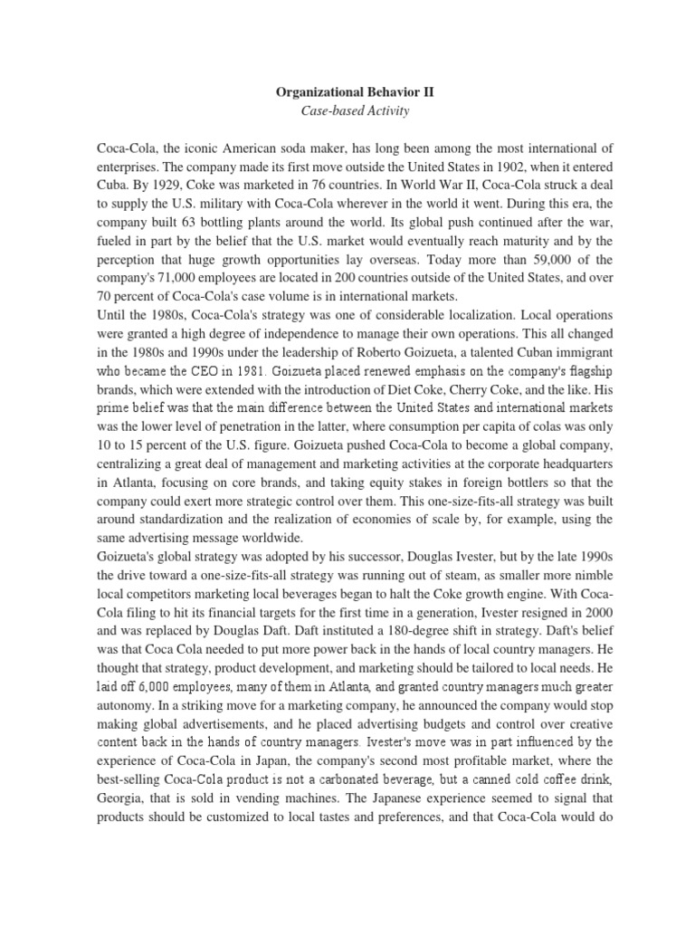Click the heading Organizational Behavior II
(x=347, y=91)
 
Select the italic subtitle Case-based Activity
(x=347, y=110)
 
